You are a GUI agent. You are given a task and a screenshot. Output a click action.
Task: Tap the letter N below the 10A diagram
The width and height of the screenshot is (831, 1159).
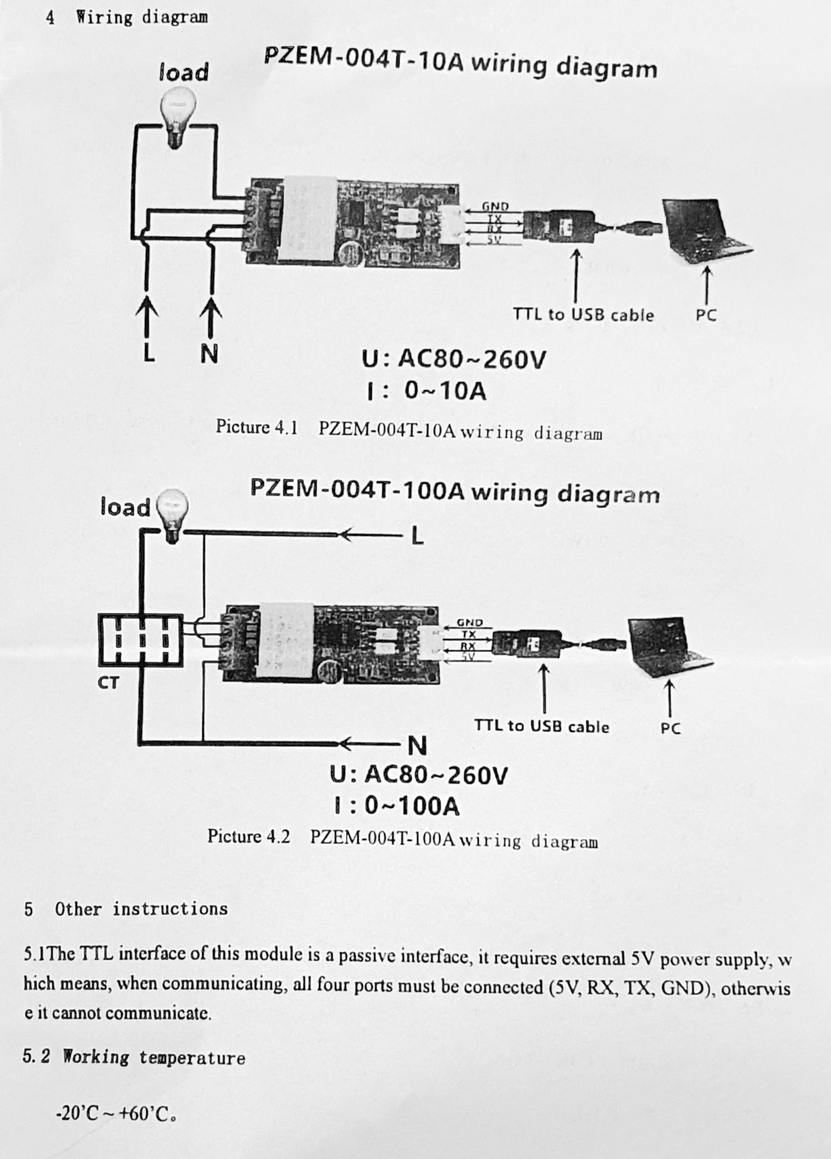209,354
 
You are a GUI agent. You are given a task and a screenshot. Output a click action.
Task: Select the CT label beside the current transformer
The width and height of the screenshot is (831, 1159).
108,683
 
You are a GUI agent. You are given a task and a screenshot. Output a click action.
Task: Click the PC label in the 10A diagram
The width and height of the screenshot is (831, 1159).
706,315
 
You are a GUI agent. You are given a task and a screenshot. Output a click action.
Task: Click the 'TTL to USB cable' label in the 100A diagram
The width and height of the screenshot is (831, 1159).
541,726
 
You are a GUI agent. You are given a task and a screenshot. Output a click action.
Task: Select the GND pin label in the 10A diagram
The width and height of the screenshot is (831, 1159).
495,207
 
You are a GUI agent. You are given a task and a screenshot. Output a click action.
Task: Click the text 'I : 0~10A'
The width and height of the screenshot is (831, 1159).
426,392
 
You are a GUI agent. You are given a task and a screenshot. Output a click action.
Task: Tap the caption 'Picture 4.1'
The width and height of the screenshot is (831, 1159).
257,427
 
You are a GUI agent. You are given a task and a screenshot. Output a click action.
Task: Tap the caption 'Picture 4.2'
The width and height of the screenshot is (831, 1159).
248,836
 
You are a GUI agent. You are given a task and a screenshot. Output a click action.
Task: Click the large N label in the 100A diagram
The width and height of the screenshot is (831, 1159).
417,747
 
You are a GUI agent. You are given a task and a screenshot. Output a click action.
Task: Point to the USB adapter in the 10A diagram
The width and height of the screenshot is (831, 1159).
561,225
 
